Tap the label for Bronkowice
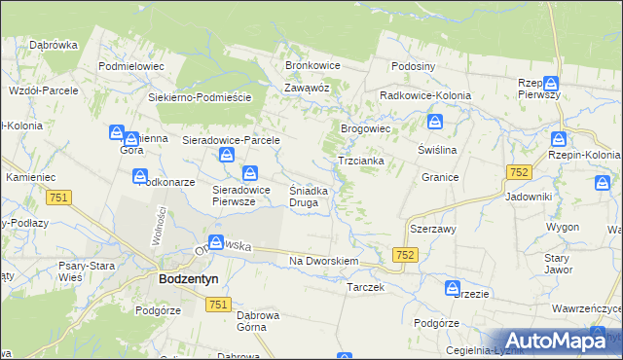point(311,65)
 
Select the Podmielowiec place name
point(131,66)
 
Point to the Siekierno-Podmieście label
point(201,98)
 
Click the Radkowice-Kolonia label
point(425,95)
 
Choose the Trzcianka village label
point(360,160)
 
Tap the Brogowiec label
point(365,127)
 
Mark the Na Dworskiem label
point(325,262)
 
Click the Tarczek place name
point(366,288)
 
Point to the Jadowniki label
point(529,197)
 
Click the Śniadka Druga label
point(314,197)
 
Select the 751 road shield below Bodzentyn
point(218,306)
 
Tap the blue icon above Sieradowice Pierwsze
point(251,173)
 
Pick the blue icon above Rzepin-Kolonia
point(558,139)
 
